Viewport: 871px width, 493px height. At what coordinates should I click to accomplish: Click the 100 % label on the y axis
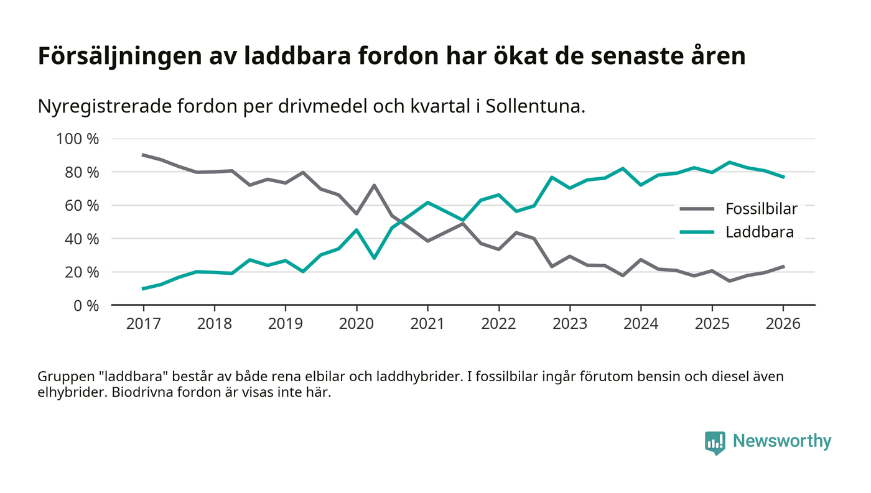[x=77, y=139]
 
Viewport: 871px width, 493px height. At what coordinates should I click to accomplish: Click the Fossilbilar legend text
[x=761, y=209]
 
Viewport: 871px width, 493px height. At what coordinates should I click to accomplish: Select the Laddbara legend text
[x=760, y=233]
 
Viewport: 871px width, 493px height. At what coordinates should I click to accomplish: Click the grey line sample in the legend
[x=697, y=209]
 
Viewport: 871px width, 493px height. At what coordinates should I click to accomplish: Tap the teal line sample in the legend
[x=697, y=233]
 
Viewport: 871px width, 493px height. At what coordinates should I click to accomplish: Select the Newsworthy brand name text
[x=781, y=441]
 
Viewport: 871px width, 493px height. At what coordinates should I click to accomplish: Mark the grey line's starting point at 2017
[x=143, y=155]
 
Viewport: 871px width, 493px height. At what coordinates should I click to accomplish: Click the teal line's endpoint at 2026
[x=783, y=177]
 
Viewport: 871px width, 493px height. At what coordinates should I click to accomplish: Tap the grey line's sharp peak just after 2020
[x=374, y=185]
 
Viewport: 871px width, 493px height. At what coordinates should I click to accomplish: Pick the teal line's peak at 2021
[x=427, y=202]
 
